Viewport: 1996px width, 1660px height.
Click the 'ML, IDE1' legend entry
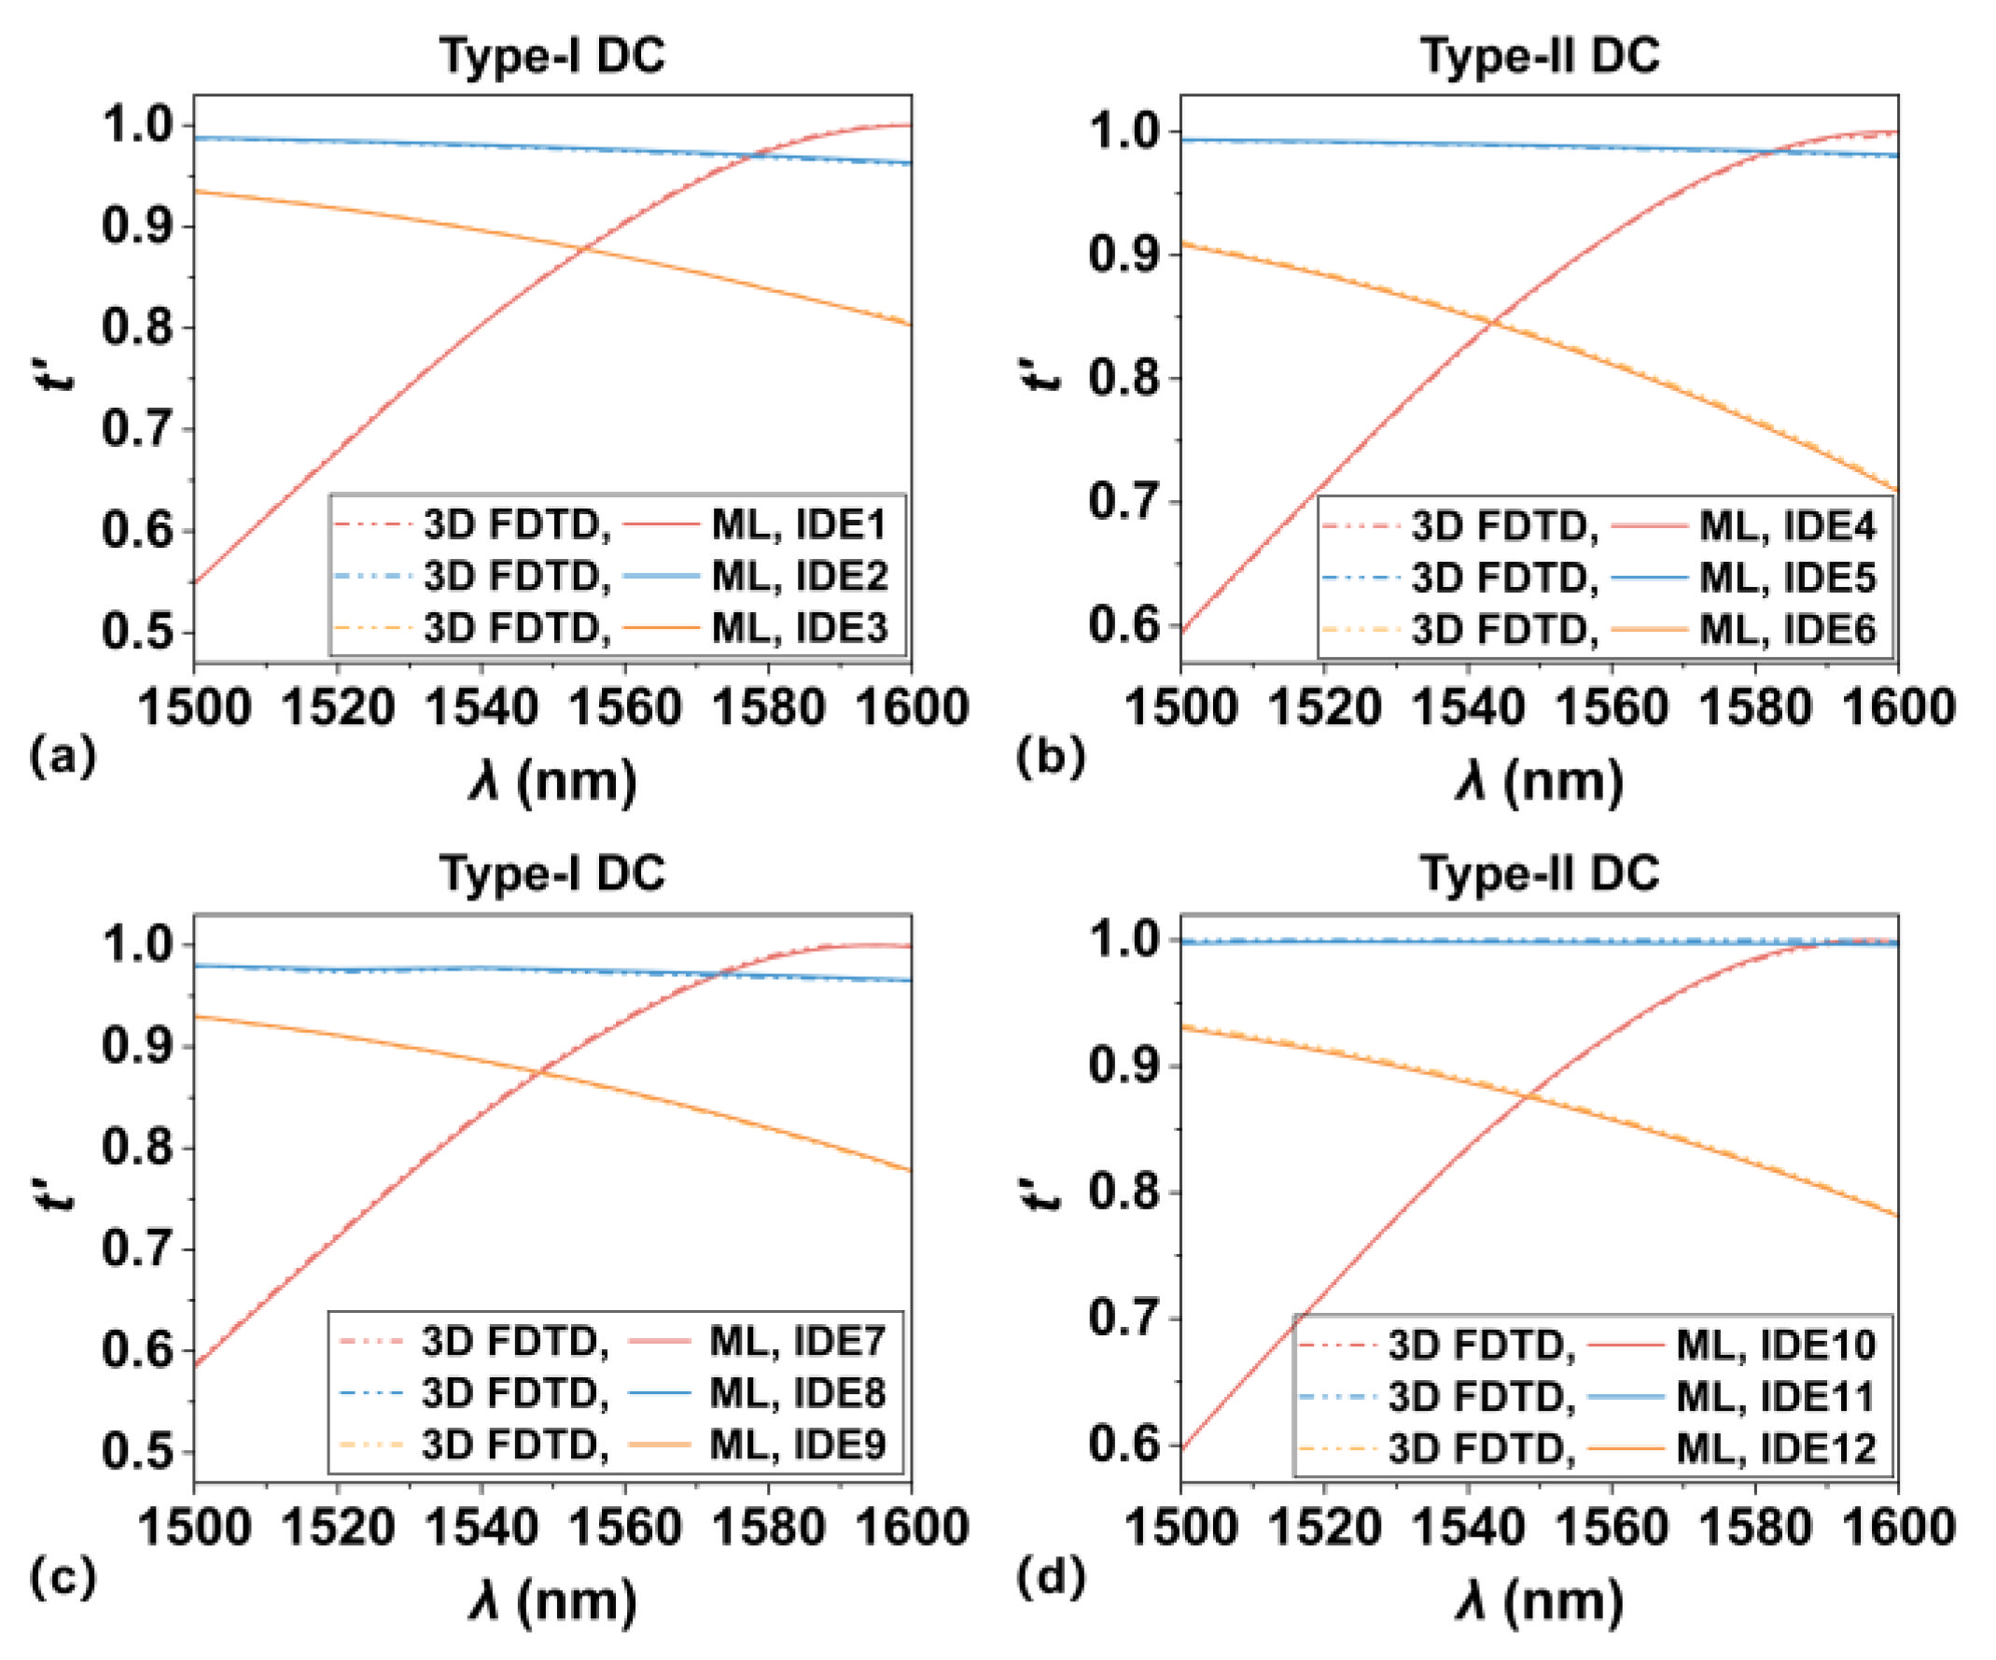coord(799,524)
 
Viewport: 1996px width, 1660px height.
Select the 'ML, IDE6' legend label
coord(1787,629)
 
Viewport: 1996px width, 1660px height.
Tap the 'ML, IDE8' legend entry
coord(798,1393)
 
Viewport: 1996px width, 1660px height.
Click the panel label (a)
coord(63,758)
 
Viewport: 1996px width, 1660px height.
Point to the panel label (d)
coord(1051,1578)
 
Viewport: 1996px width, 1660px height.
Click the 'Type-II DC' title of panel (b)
coord(1540,55)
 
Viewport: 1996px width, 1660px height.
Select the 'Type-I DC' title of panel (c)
coord(551,872)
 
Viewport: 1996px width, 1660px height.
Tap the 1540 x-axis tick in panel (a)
coord(481,708)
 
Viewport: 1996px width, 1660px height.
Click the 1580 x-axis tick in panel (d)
coord(1754,1527)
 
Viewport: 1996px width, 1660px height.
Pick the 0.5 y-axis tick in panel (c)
coord(141,1451)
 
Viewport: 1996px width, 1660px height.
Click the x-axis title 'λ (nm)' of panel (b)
coord(1539,783)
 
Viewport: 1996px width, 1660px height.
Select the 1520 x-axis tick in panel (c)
coord(338,1527)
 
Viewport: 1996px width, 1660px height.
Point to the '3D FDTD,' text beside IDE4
coord(1504,525)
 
